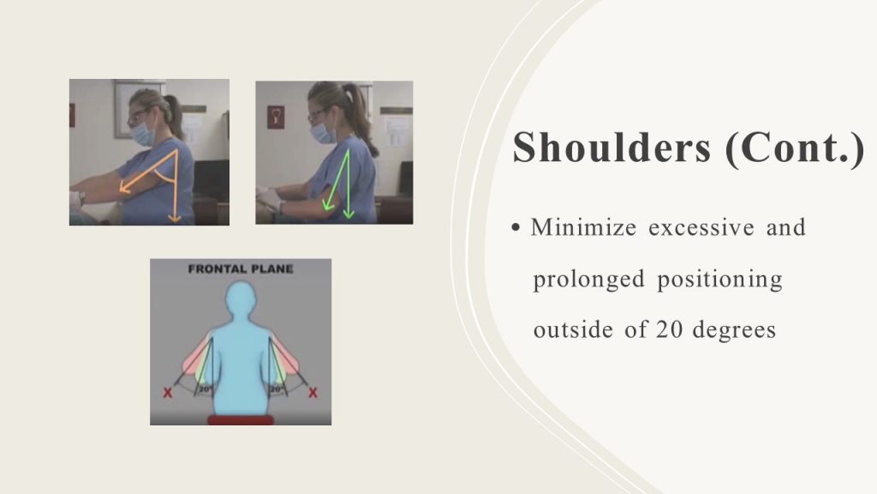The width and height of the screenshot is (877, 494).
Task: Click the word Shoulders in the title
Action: click(x=612, y=148)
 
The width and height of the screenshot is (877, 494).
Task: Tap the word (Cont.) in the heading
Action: click(x=795, y=148)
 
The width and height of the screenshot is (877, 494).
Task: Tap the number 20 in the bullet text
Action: click(x=669, y=329)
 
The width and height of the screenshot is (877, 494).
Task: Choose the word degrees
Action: click(x=734, y=330)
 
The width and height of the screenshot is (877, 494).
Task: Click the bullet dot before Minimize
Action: click(x=516, y=228)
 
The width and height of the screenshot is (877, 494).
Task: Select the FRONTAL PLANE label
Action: click(x=241, y=268)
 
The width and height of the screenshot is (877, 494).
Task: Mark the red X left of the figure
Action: click(x=167, y=393)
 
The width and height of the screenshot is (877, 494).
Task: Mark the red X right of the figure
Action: click(x=313, y=393)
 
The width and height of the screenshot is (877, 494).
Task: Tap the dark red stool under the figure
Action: click(x=241, y=420)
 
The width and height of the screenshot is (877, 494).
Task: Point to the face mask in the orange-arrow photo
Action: click(x=142, y=133)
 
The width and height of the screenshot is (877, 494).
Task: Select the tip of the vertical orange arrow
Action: click(x=175, y=222)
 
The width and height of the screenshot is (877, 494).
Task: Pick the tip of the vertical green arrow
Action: click(x=349, y=218)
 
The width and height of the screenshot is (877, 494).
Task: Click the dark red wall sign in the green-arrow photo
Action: click(x=275, y=117)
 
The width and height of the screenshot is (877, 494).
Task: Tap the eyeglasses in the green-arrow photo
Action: click(x=317, y=114)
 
